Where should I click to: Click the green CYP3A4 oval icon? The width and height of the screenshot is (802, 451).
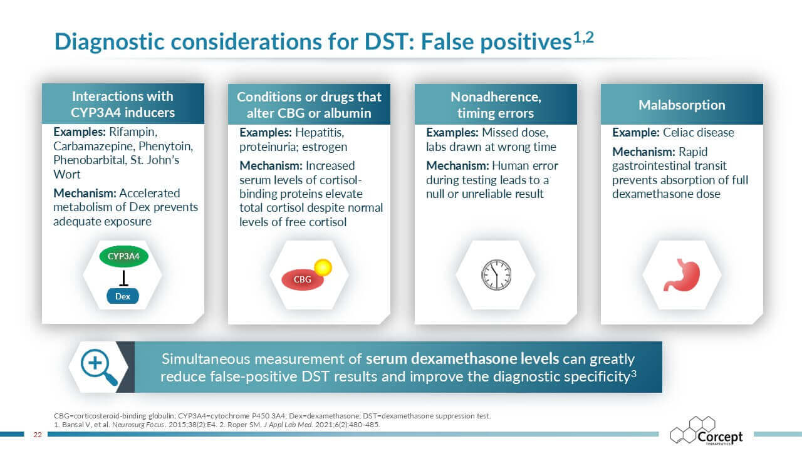click(x=123, y=257)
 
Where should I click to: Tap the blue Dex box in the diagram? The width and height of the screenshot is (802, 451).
click(x=123, y=296)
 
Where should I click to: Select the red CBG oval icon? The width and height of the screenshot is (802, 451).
click(x=302, y=279)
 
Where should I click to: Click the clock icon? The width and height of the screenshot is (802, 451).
click(x=496, y=275)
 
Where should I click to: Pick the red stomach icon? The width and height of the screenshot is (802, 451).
click(x=682, y=275)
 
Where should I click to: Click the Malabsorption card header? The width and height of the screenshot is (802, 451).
click(x=682, y=105)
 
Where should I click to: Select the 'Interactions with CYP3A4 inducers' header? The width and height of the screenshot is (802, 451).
click(x=123, y=105)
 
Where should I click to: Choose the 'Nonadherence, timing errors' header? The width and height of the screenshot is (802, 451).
click(x=496, y=105)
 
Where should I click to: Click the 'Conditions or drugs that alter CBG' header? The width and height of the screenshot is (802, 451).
click(x=309, y=105)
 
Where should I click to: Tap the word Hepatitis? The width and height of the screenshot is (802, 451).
click(x=319, y=133)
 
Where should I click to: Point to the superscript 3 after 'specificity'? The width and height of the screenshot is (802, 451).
click(x=633, y=374)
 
